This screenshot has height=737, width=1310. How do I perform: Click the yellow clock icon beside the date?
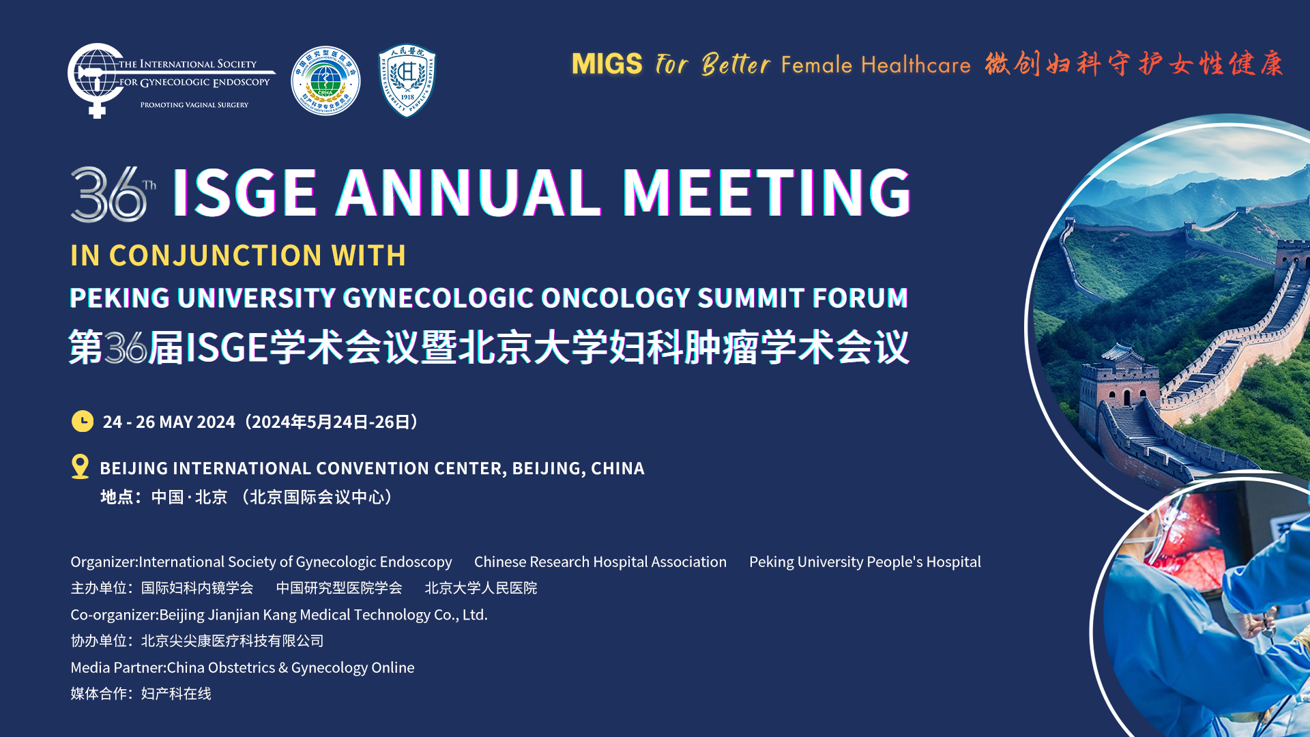83,421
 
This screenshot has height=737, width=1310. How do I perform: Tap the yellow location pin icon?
80,467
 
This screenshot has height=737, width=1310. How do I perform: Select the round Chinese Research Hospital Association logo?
325,81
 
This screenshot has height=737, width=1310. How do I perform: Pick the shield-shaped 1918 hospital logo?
407,81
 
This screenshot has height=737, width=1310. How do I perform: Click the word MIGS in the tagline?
607,64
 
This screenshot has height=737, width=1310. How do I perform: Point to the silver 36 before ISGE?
108,194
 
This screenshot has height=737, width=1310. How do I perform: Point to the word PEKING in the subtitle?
120,298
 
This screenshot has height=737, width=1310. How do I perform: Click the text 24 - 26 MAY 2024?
169,422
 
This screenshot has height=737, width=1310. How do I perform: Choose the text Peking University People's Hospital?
865,562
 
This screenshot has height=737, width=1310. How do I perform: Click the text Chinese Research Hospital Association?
600,562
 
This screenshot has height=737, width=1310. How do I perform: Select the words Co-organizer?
113,615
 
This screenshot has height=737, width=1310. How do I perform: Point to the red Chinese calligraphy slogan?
1134,64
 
